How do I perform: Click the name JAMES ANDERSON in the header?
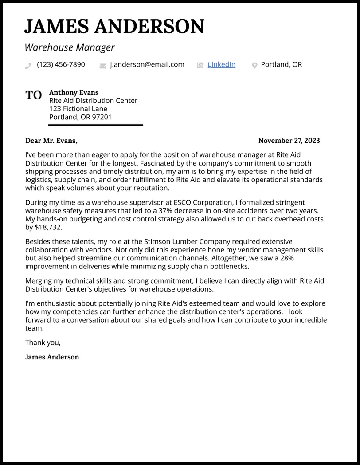(114, 27)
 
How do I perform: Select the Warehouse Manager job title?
(70, 47)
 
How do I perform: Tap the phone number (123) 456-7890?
(61, 65)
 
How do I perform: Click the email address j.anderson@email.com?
(147, 65)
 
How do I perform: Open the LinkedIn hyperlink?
(221, 65)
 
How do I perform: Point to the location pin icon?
(254, 66)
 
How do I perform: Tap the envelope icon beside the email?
(103, 66)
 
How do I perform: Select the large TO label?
(34, 95)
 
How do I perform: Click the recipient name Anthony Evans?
(74, 92)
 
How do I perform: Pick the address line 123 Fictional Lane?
(78, 109)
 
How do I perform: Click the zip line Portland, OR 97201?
(80, 118)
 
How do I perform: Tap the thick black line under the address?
(95, 125)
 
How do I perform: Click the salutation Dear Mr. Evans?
(51, 141)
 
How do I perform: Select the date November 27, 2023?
(289, 141)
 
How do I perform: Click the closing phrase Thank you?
(43, 343)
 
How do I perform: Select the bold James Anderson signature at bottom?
(52, 357)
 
